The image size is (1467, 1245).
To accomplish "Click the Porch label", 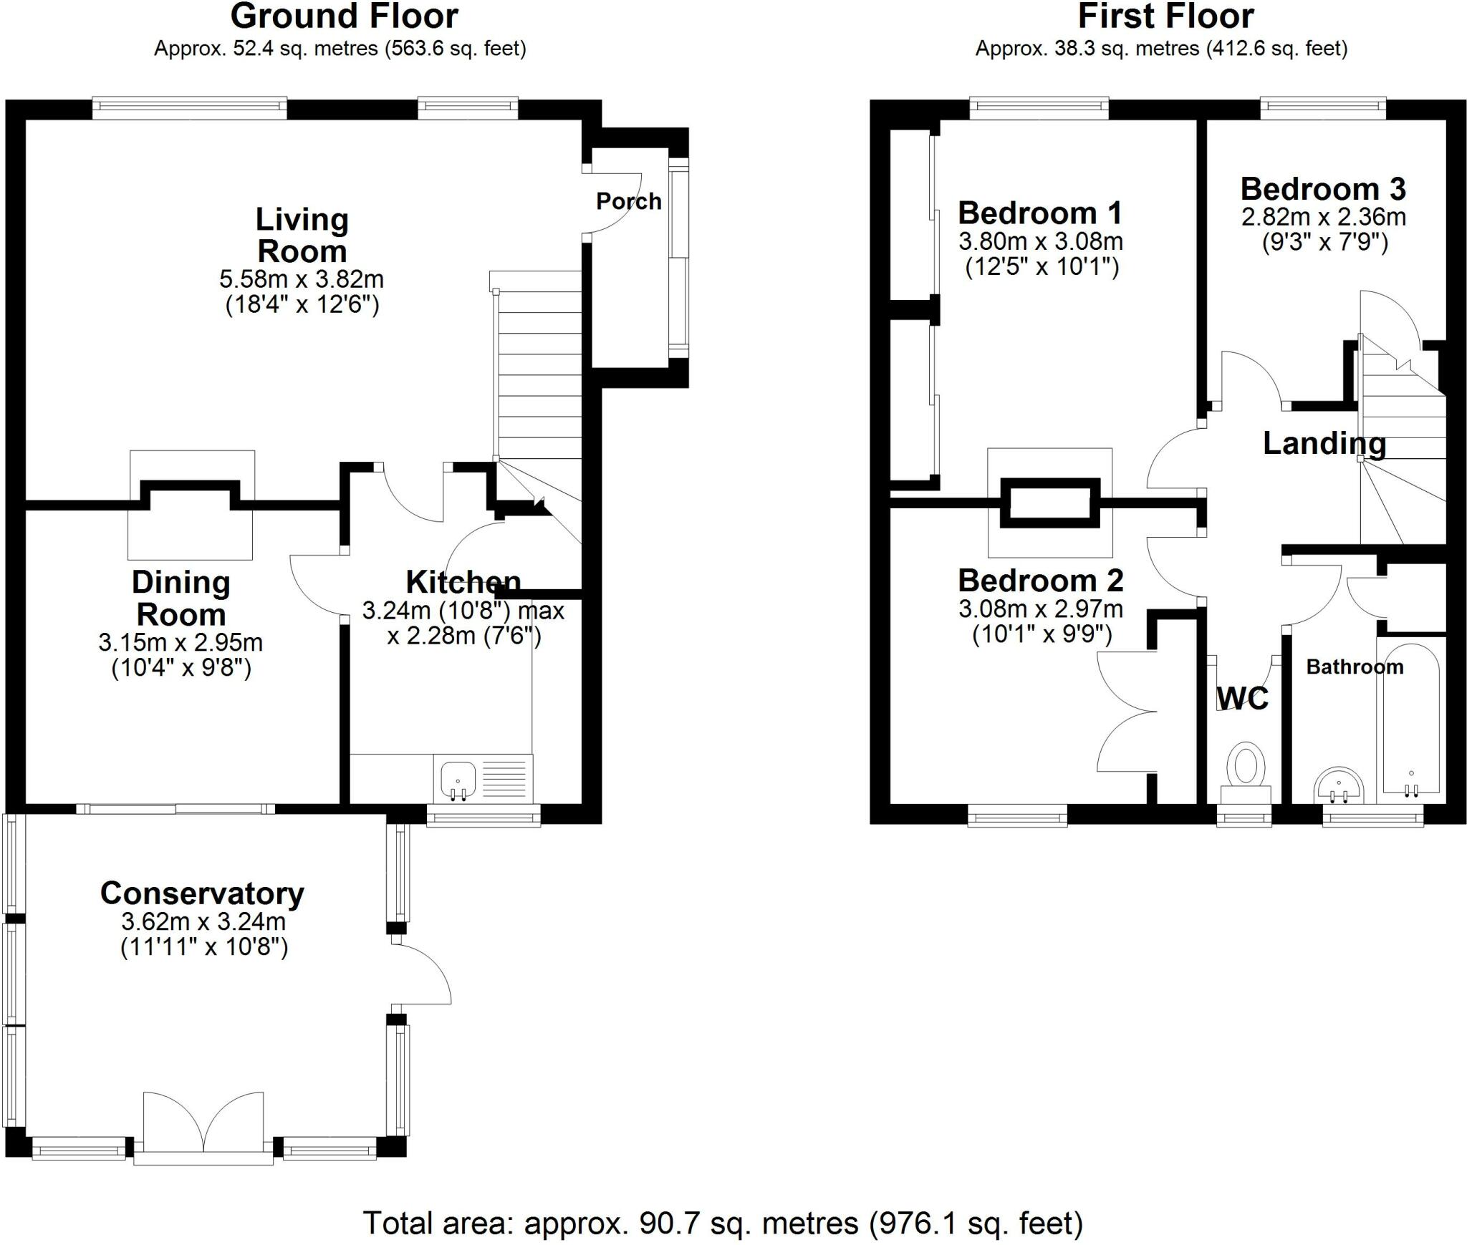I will point(628,201).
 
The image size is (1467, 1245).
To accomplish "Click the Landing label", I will point(1324,443).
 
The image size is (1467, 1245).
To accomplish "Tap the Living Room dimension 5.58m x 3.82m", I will point(302,278).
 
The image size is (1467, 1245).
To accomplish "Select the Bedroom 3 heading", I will point(1323,189).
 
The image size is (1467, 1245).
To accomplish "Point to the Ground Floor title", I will point(344,16).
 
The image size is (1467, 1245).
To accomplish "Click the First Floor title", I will point(1165,16).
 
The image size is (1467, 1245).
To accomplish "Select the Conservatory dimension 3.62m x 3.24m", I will point(203,921).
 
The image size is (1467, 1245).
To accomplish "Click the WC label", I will point(1243,697).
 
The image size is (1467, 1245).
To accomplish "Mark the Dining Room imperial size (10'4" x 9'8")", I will point(181,668).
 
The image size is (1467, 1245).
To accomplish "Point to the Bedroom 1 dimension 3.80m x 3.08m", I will point(1040,241).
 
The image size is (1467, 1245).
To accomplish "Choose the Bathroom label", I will point(1354,667).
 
